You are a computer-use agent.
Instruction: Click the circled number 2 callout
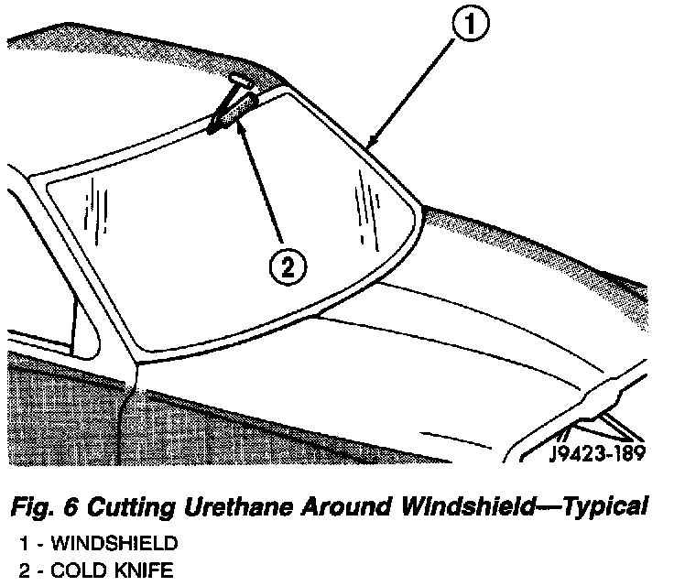(286, 266)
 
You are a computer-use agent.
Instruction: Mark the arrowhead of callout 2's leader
(240, 125)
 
